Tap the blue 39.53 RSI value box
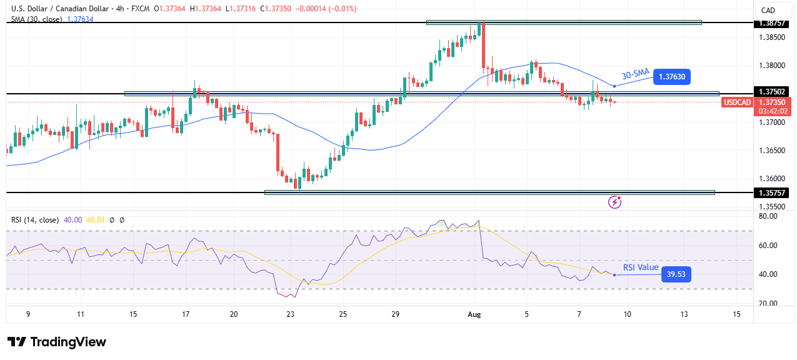pyautogui.click(x=676, y=274)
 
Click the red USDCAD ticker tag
pyautogui.click(x=738, y=102)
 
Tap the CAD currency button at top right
pyautogui.click(x=768, y=10)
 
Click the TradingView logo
pyautogui.click(x=57, y=342)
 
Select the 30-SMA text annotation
pyautogui.click(x=636, y=73)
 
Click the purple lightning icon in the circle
pyautogui.click(x=615, y=202)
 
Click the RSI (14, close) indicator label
pyautogui.click(x=35, y=220)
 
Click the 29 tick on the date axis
pyautogui.click(x=395, y=314)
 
